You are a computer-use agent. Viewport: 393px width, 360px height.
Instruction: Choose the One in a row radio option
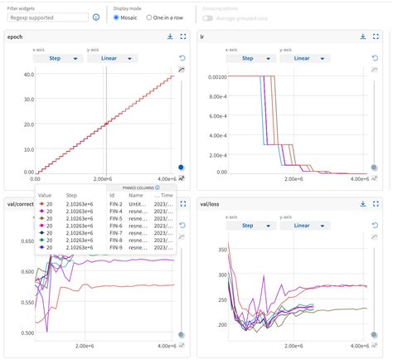tap(149, 17)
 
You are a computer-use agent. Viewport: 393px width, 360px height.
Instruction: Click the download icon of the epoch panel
tap(170, 36)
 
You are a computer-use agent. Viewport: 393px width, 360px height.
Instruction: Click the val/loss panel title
tap(212, 202)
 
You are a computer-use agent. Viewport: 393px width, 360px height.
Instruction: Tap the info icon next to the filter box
tap(97, 17)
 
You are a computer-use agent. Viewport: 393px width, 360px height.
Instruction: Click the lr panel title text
tap(204, 36)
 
